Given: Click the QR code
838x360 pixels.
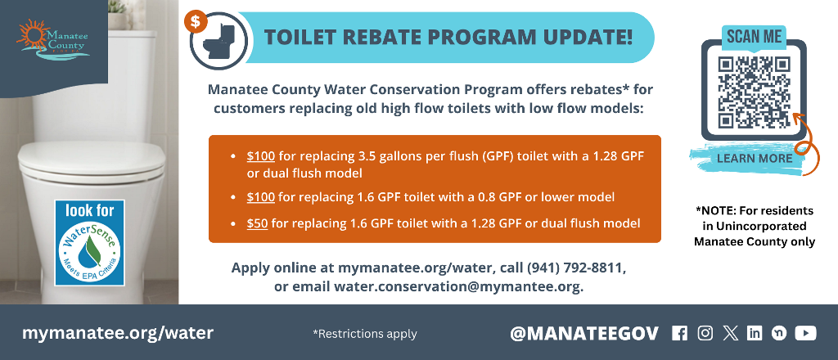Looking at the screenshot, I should [x=754, y=92].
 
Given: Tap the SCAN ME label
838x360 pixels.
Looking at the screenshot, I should [x=754, y=37].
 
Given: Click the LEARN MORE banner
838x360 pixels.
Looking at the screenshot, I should [x=754, y=158].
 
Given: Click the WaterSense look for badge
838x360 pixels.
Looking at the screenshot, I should [x=90, y=243].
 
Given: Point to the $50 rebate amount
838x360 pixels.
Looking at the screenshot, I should [x=257, y=223].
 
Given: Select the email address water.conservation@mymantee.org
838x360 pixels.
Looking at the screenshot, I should [x=457, y=286].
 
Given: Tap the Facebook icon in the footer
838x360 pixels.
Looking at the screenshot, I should [x=679, y=333].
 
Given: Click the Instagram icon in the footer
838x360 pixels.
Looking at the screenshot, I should [x=705, y=333].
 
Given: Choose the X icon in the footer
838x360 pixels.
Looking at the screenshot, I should [x=730, y=333].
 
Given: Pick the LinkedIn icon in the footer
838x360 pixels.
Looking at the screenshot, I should [x=755, y=333].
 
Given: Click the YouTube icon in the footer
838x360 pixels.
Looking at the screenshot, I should [x=805, y=333].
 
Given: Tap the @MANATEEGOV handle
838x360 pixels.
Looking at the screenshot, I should [x=583, y=333].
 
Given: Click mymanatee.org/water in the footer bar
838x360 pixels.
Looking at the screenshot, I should [x=118, y=333].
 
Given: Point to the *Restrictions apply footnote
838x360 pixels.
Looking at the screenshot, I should [x=364, y=334].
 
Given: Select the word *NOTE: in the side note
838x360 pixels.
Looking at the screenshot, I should [x=719, y=210].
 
